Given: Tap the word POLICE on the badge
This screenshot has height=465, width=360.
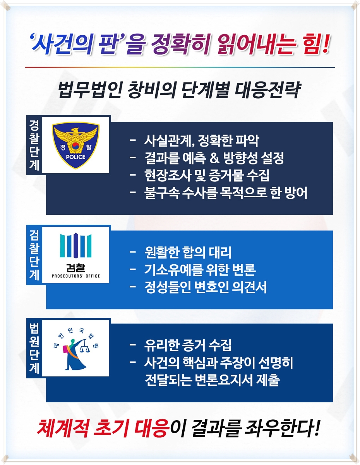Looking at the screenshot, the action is pyautogui.click(x=75, y=157).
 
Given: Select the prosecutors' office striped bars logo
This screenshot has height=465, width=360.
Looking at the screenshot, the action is pyautogui.click(x=75, y=246).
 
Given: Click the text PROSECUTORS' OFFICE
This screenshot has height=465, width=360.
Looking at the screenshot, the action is pyautogui.click(x=75, y=276).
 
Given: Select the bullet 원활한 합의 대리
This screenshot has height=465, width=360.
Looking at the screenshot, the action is pyautogui.click(x=187, y=253).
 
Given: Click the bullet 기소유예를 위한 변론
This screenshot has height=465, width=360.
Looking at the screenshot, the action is pyautogui.click(x=200, y=270).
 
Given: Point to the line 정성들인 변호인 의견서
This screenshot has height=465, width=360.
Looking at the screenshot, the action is pyautogui.click(x=205, y=287).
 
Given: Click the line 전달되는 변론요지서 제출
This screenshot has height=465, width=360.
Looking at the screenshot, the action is pyautogui.click(x=211, y=380).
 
